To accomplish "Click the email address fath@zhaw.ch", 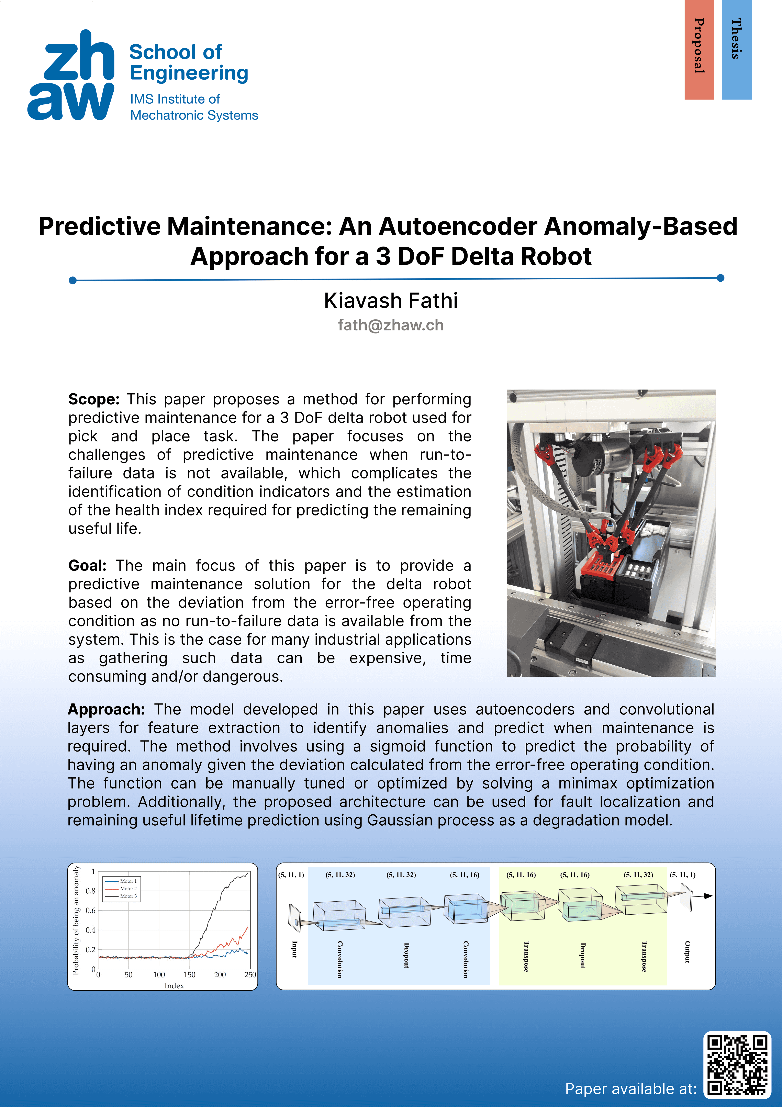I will coord(391,325).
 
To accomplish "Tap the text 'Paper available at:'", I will coord(631,1089).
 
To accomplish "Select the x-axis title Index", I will coord(174,986).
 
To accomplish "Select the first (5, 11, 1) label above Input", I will coord(291,875).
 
